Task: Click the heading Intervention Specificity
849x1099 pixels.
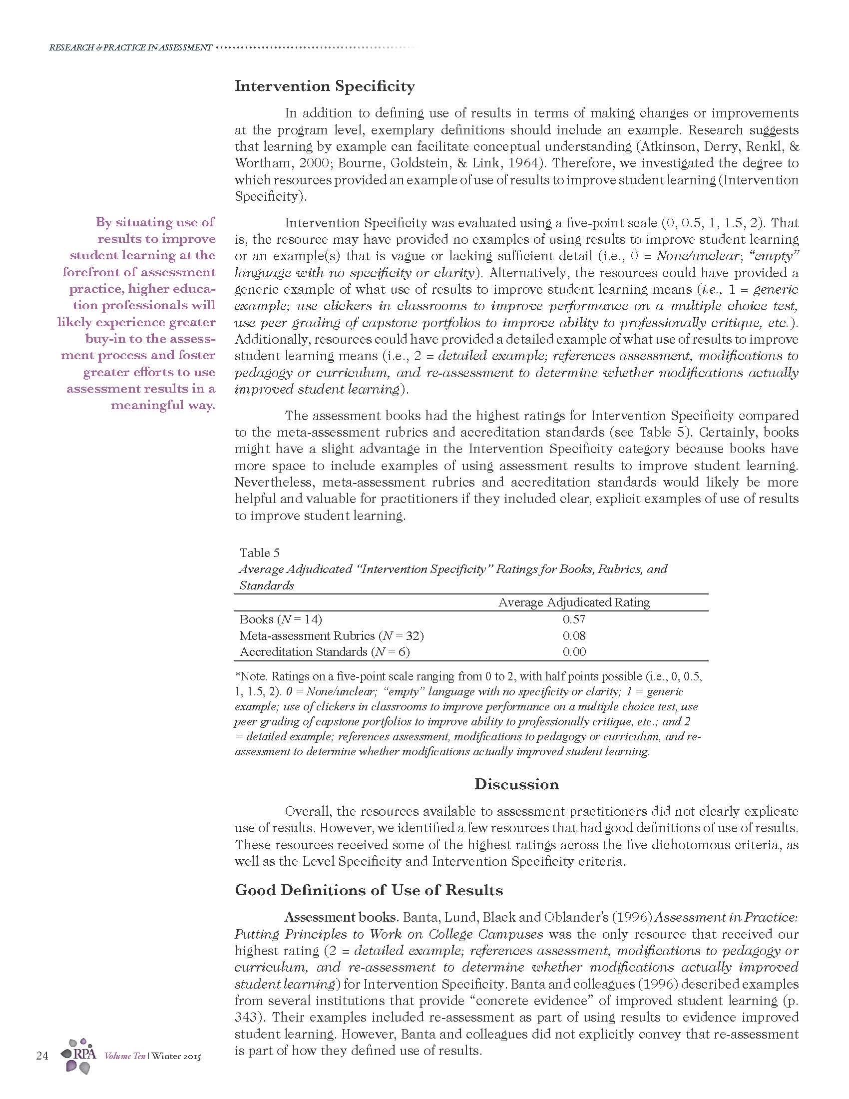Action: pos(325,86)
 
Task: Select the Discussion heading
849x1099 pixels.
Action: pos(516,784)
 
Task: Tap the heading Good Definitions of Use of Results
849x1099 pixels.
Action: pos(369,890)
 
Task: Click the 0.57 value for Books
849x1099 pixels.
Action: pos(574,619)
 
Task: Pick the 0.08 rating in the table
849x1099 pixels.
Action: pos(574,635)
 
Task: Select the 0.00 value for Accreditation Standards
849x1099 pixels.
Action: pos(574,652)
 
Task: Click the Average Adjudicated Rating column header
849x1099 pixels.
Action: pos(574,602)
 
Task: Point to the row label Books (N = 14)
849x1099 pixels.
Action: pos(281,619)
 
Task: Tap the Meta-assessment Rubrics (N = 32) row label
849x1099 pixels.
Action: pos(332,635)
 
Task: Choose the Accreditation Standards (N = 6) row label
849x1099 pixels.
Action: pos(325,652)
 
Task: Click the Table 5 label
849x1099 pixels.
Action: pos(260,553)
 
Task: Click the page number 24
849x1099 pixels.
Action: pos(42,1056)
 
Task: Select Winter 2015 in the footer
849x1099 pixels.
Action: pos(176,1056)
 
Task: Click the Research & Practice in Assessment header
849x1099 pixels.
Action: pos(130,48)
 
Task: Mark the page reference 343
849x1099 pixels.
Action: pos(245,1017)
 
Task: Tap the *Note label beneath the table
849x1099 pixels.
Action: pos(252,677)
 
